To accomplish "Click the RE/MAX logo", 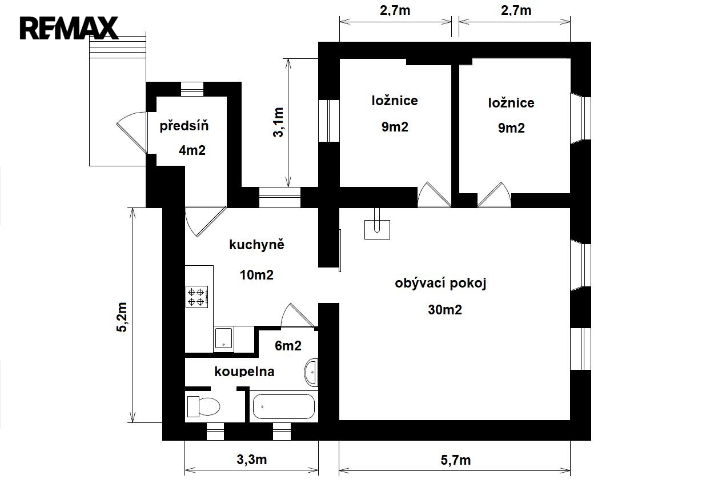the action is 69,28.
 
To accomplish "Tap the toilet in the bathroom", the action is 203,406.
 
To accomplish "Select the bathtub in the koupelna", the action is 284,406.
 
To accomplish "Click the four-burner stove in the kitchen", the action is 197,297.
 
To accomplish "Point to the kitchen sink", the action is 223,339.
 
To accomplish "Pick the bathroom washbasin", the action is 311,372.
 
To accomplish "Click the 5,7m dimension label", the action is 456,460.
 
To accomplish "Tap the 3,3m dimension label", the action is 252,460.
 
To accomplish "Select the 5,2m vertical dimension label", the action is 122,317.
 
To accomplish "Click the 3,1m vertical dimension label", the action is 278,122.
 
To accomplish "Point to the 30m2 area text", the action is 445,310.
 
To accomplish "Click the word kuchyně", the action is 256,245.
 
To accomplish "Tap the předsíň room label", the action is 184,126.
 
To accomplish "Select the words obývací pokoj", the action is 440,283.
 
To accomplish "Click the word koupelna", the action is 244,372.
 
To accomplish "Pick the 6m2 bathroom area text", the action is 288,346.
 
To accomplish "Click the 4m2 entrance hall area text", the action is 192,150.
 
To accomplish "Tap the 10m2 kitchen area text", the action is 256,275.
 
